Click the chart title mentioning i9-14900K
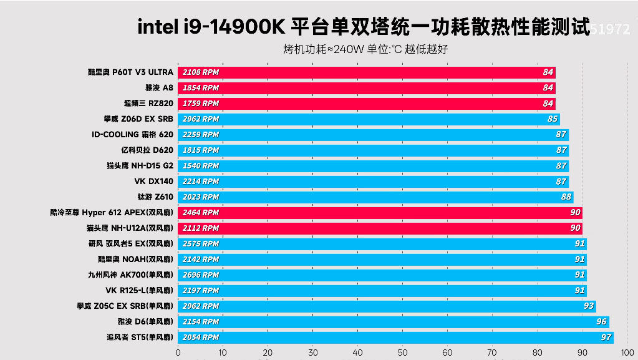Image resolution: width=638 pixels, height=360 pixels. [363, 27]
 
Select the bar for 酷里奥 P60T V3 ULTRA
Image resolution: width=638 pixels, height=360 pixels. [367, 72]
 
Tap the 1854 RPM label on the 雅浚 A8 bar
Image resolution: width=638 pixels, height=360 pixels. [201, 88]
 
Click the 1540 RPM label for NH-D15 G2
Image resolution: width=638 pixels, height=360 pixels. [201, 166]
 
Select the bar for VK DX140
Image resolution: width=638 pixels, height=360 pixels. [373, 182]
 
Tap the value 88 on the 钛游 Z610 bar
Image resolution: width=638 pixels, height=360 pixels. [566, 197]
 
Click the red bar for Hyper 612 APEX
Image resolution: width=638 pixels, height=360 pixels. [380, 213]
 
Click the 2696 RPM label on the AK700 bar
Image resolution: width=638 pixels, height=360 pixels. [201, 275]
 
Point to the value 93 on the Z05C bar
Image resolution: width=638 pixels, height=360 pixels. [588, 306]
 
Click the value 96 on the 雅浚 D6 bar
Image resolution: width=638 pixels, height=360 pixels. [601, 322]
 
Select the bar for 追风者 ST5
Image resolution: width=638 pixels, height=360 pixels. [395, 338]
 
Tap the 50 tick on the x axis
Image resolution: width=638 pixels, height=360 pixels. [402, 352]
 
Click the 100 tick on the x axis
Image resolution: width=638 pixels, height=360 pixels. [627, 352]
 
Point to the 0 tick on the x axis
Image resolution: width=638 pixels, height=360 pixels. [178, 352]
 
